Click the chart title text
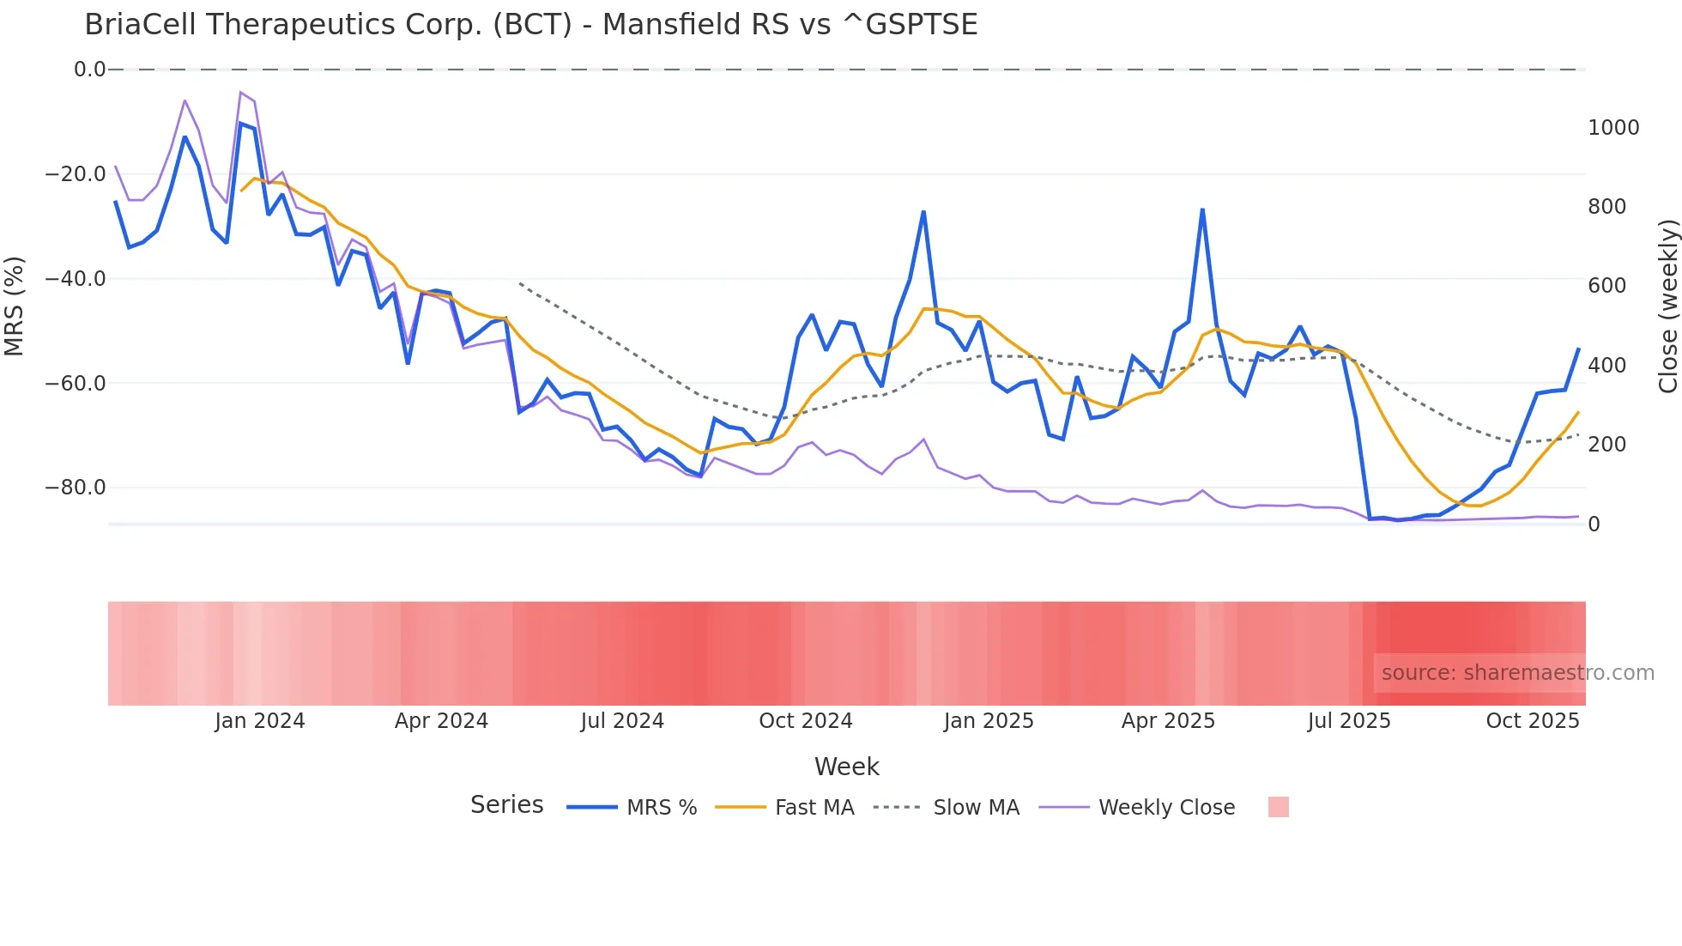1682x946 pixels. [x=530, y=25]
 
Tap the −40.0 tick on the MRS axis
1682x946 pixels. [x=76, y=279]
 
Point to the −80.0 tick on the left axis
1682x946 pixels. [x=76, y=488]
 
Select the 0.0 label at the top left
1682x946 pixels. [x=89, y=70]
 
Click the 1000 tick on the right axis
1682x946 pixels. [x=1613, y=128]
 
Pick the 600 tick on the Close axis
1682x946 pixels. [x=1606, y=286]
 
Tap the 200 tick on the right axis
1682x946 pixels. [x=1606, y=445]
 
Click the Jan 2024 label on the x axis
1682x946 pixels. [x=259, y=721]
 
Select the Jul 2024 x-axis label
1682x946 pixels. [x=622, y=721]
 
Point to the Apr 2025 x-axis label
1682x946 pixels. [x=1168, y=721]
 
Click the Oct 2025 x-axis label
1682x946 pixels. [x=1532, y=721]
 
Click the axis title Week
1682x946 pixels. [x=846, y=767]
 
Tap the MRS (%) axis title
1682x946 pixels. [x=15, y=306]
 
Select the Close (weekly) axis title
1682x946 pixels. [x=1667, y=306]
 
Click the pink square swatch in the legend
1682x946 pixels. [x=1278, y=807]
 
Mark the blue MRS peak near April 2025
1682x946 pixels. [x=1202, y=209]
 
